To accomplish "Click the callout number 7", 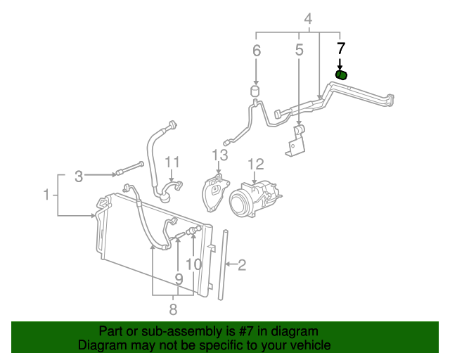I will [341, 49].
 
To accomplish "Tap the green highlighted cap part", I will [341, 75].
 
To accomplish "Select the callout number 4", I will [307, 19].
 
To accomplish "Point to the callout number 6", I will [257, 51].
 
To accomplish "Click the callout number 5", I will [299, 50].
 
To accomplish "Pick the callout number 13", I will [220, 155].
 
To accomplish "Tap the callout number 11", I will [172, 164].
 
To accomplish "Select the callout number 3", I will [79, 175].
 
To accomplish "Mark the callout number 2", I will [241, 265].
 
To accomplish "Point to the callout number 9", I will [179, 279].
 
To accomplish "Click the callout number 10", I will [193, 265].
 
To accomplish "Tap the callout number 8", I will [172, 308].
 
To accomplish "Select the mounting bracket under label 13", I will [214, 194].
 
